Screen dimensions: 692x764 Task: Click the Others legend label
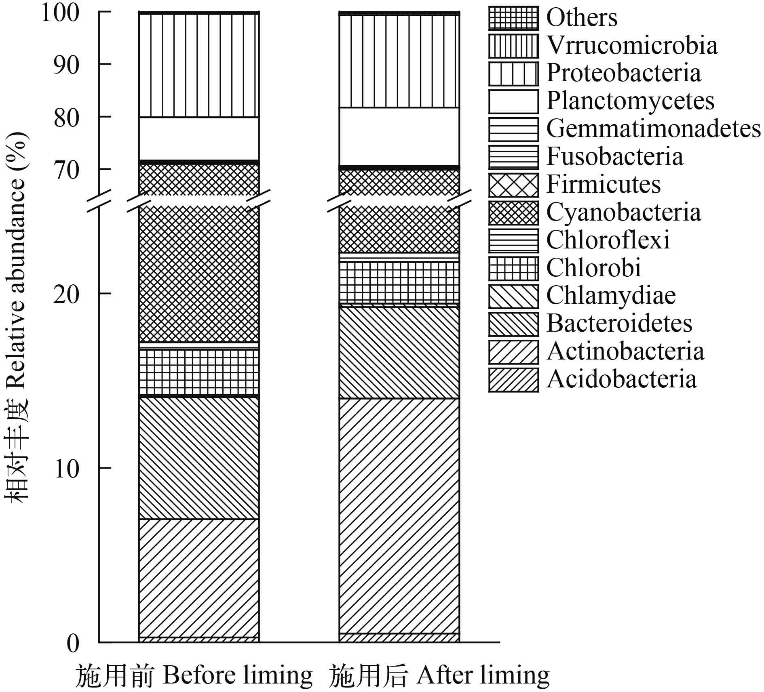click(582, 18)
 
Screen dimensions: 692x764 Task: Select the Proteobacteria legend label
click(624, 73)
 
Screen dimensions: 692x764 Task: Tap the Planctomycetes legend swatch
click(513, 101)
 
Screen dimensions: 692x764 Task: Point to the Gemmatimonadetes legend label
click(653, 129)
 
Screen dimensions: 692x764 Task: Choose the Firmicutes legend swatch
click(513, 185)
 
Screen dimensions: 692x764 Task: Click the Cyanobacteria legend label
click(624, 212)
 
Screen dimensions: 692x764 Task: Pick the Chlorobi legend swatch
click(513, 269)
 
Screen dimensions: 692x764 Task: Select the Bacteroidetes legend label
click(619, 324)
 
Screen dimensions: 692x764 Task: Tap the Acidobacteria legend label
click(622, 379)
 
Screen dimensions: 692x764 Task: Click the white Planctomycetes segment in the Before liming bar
click(198, 139)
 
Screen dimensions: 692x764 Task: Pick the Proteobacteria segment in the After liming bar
click(399, 61)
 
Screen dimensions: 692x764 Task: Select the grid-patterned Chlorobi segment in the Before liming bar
click(198, 372)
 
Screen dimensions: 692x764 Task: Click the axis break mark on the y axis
click(99, 200)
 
